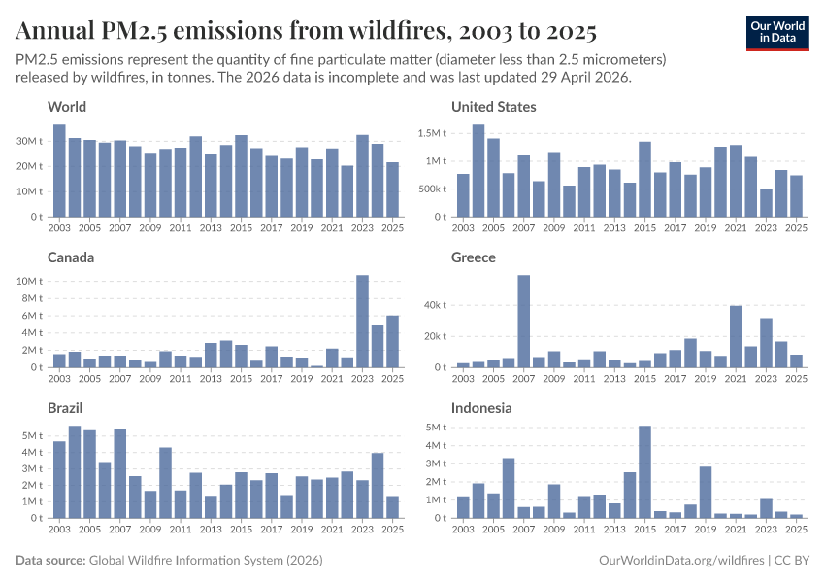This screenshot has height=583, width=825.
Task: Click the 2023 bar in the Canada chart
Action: point(362,322)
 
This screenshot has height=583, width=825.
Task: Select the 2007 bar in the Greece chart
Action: point(523,322)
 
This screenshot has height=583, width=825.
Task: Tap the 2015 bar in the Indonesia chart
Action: point(644,472)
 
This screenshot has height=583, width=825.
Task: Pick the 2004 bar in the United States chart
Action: point(478,171)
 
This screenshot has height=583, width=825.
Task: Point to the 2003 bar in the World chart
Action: point(59,171)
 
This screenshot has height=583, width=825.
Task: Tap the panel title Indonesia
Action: point(482,408)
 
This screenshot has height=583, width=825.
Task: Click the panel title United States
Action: point(494,107)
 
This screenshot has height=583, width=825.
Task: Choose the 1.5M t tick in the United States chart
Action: point(432,133)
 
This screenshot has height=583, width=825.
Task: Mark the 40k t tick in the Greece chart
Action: point(433,305)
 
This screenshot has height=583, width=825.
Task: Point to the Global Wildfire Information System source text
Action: point(205,561)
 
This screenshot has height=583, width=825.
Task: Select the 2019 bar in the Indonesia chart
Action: point(706,493)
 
